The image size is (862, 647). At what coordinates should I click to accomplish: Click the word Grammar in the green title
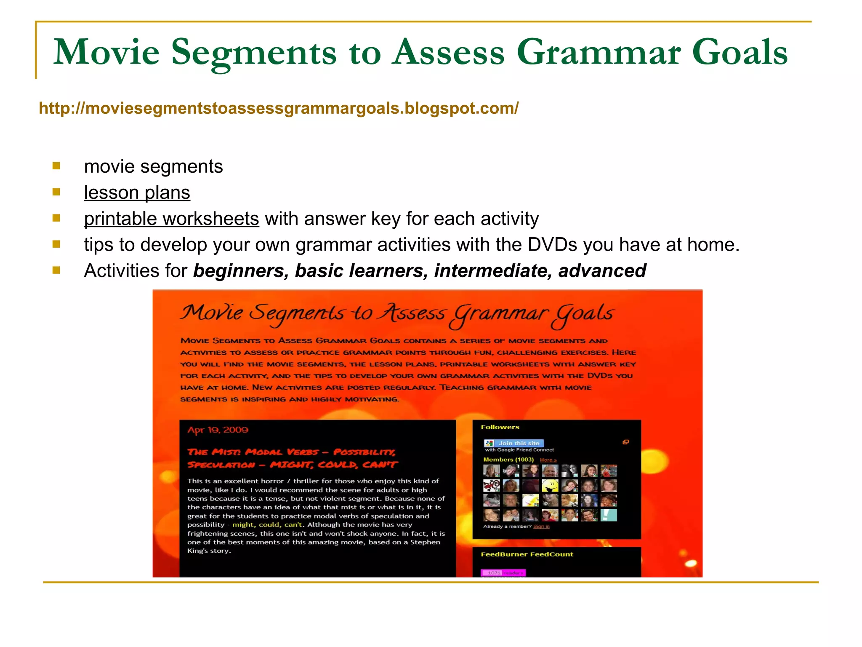click(598, 52)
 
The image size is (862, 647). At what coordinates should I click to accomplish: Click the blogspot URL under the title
click(279, 108)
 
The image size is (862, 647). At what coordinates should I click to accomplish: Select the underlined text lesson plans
click(137, 193)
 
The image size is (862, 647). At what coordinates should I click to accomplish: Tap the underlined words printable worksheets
click(171, 219)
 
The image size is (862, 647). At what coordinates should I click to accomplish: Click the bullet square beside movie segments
click(56, 166)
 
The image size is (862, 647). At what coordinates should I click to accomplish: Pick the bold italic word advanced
click(602, 271)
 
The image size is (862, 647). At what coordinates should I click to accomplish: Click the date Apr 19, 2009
click(218, 430)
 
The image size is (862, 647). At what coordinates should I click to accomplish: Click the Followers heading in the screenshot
click(500, 427)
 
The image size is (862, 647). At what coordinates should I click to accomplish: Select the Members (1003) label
click(508, 460)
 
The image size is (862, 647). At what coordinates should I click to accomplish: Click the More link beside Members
click(548, 460)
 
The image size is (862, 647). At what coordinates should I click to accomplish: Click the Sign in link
click(541, 527)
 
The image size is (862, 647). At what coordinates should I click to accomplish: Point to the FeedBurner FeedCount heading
click(527, 554)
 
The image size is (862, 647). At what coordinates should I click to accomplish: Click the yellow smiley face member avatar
click(550, 486)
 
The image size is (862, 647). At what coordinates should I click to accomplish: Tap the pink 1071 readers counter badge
click(503, 573)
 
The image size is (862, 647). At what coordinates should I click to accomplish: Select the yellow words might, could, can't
click(267, 525)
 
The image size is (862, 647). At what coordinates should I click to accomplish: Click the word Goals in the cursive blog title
click(583, 314)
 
